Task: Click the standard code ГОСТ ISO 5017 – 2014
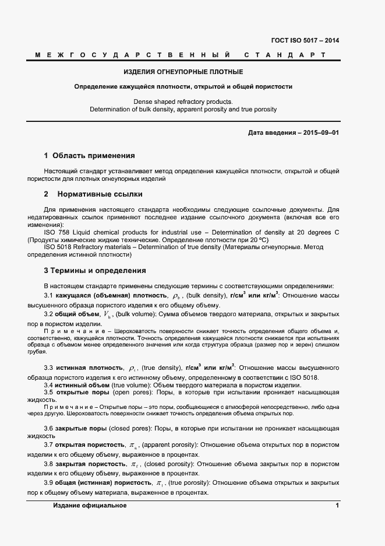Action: click(x=305, y=41)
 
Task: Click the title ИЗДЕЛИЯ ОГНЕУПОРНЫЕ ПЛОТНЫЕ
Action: click(x=183, y=72)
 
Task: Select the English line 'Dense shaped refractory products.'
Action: click(x=183, y=101)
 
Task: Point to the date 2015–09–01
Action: click(x=319, y=133)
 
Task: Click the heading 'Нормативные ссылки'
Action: click(x=100, y=194)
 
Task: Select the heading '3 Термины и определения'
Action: click(x=95, y=271)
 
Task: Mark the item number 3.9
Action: click(x=50, y=483)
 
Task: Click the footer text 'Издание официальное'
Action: click(x=90, y=505)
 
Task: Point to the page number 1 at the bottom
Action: click(x=337, y=505)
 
